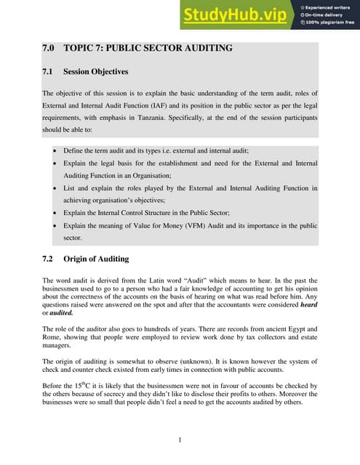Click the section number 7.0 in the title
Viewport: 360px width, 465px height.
[49, 49]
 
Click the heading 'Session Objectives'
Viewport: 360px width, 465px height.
[95, 72]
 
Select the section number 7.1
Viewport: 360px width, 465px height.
[49, 72]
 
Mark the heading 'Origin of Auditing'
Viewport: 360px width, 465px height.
[96, 258]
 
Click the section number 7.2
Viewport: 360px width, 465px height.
[49, 258]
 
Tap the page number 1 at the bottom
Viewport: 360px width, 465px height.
[180, 440]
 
